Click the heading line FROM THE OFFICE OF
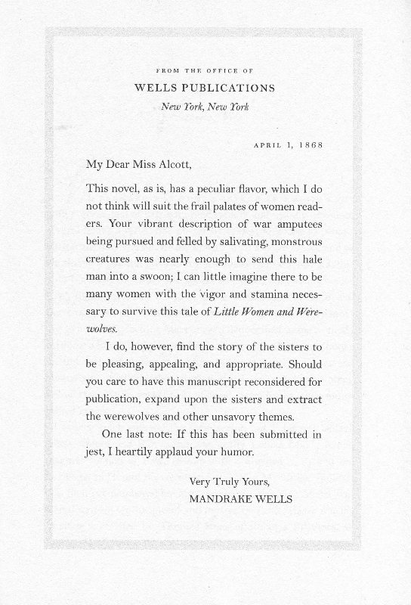[205, 70]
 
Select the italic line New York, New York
[205, 106]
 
